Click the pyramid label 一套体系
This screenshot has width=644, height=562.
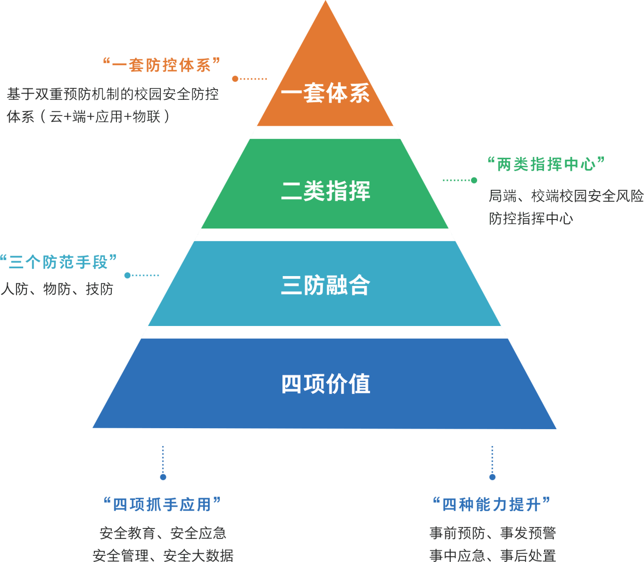(x=325, y=93)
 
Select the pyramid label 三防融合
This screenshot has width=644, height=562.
(x=325, y=285)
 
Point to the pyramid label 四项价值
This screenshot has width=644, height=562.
(x=325, y=384)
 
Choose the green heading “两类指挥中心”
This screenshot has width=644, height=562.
(x=546, y=164)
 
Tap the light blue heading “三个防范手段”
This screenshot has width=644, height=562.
(x=58, y=262)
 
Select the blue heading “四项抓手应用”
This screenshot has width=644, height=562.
(x=162, y=505)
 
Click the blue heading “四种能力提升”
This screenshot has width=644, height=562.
(x=491, y=505)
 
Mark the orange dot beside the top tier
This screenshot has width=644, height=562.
(x=235, y=79)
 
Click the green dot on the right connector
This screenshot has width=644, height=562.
(x=474, y=180)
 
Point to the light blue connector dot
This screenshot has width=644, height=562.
(x=127, y=275)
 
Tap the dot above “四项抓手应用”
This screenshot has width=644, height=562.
(x=163, y=477)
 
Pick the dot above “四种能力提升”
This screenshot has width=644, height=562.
(x=492, y=477)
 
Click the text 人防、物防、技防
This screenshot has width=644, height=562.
(x=57, y=289)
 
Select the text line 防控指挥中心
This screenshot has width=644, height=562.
(x=531, y=219)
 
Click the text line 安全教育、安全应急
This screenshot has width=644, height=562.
(x=163, y=533)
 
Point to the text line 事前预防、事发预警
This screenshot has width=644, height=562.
(x=493, y=533)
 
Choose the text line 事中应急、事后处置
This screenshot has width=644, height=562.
(x=493, y=555)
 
